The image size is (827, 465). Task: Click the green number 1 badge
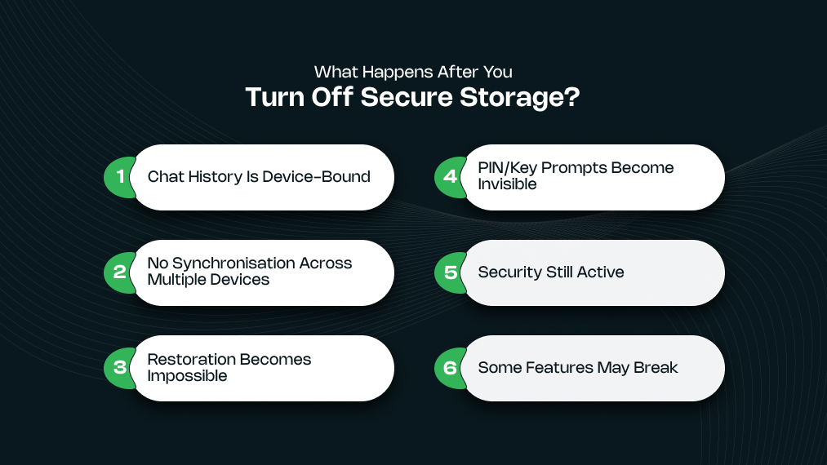click(119, 177)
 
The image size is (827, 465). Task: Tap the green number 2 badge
click(119, 272)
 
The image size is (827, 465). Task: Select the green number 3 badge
click(119, 368)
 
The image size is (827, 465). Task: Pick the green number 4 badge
click(450, 177)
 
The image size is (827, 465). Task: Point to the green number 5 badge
click(450, 272)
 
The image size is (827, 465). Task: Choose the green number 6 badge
click(450, 368)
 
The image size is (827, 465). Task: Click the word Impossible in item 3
click(187, 376)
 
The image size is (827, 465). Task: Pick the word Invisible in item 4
click(507, 184)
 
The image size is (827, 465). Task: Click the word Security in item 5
click(508, 272)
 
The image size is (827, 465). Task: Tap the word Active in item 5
click(600, 272)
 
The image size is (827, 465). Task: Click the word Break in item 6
click(656, 368)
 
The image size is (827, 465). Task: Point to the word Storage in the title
click(519, 98)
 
